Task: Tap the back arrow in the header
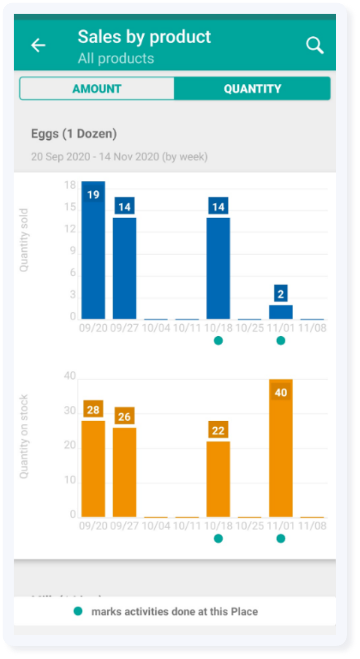click(38, 45)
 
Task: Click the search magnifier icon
click(315, 45)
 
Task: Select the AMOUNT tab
click(97, 89)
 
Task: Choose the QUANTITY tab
click(252, 89)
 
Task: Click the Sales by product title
click(144, 36)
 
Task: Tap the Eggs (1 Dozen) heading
click(74, 134)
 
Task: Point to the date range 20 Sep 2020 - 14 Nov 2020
click(119, 157)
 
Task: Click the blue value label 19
click(93, 195)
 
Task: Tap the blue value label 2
click(281, 294)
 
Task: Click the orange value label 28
click(93, 410)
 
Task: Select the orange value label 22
click(218, 430)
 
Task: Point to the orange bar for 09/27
click(124, 472)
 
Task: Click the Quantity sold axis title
click(24, 240)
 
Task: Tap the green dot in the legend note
click(79, 612)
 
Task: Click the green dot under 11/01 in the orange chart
click(281, 538)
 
